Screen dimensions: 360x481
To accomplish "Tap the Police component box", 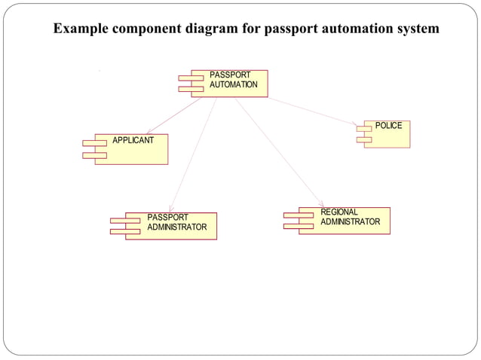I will click(387, 134).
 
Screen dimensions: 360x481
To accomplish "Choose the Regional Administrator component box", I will click(344, 221).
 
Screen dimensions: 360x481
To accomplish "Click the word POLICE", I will click(388, 125).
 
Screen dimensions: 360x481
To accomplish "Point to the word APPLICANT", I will click(133, 140).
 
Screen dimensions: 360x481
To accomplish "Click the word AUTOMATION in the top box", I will click(233, 84).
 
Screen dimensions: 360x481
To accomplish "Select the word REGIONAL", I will click(339, 212).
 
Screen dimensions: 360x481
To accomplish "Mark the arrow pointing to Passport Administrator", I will click(193, 155).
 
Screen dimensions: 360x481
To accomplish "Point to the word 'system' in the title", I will click(414, 29).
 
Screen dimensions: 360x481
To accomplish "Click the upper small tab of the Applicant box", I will click(94, 142).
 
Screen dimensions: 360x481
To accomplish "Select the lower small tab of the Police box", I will click(363, 139).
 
